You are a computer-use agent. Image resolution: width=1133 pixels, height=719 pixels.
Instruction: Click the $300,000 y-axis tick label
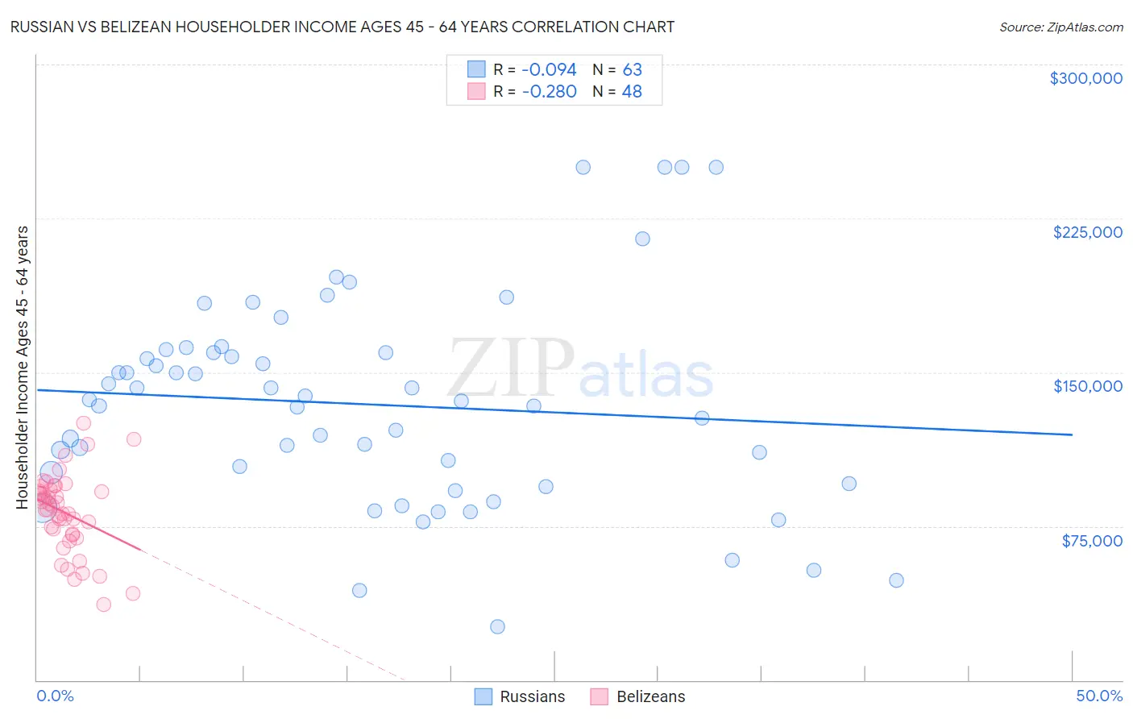tap(1085, 78)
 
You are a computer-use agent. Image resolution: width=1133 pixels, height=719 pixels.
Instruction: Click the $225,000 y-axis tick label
tap(1087, 232)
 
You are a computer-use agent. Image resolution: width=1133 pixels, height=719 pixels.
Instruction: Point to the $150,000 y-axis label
tap(1087, 386)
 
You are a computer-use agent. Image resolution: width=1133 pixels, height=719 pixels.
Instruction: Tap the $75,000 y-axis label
tap(1091, 540)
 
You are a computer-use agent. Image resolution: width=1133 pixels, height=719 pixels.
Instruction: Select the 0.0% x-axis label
tap(55, 696)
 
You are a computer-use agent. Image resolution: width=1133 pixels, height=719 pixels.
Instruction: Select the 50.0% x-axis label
tap(1099, 696)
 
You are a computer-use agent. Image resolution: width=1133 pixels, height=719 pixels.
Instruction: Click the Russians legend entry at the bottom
tap(532, 696)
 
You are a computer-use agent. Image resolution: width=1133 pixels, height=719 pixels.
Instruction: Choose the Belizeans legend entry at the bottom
tap(650, 696)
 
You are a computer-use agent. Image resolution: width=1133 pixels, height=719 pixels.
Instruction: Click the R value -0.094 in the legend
tap(549, 69)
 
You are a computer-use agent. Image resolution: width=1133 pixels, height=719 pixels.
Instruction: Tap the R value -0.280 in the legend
tap(549, 91)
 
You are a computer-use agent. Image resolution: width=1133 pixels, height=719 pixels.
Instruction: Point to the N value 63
tap(632, 69)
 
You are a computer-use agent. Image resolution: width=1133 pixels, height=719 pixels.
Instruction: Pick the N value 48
tap(632, 91)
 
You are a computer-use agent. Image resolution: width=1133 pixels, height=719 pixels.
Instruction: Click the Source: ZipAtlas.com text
tap(1060, 27)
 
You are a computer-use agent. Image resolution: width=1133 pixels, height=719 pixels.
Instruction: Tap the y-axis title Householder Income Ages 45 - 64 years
tap(22, 367)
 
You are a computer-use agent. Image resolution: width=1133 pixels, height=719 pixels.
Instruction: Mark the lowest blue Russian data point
tap(497, 626)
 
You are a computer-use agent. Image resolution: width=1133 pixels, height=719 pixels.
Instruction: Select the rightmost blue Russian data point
tap(896, 580)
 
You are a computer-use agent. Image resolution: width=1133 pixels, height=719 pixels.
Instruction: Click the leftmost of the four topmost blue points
tap(583, 168)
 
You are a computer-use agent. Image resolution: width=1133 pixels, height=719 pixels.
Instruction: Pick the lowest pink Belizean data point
tap(103, 605)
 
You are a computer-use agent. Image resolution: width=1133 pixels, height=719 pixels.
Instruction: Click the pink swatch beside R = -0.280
tap(476, 91)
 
